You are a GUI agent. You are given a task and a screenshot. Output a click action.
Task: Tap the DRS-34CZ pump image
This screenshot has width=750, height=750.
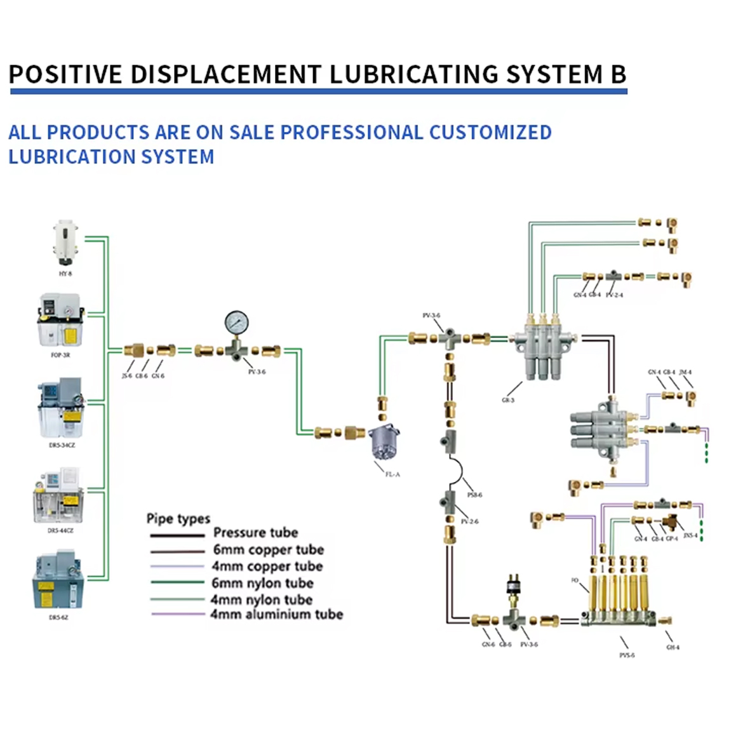point(61,408)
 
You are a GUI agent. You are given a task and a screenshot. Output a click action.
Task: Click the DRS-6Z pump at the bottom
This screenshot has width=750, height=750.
point(58,581)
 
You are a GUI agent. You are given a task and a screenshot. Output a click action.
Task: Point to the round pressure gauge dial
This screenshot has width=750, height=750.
point(236,322)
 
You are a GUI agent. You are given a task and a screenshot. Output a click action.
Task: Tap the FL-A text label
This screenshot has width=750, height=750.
point(392,474)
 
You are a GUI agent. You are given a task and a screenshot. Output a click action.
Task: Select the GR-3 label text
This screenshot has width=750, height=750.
point(508,400)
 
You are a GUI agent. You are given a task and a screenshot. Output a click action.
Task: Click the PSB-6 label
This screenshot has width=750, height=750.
point(474,495)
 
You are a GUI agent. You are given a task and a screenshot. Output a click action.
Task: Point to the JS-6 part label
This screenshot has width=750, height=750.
point(126,376)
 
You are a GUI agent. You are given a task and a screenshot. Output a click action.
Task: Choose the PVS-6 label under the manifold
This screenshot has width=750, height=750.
point(627,655)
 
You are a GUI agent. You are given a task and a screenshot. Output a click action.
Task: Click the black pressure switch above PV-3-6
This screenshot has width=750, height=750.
point(511,587)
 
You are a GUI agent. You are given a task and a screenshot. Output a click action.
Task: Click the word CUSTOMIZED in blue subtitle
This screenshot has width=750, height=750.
point(490,132)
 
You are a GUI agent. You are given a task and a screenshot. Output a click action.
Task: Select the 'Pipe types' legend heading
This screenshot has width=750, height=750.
point(178,519)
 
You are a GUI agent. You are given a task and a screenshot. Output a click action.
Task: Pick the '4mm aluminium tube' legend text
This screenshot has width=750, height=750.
point(277,614)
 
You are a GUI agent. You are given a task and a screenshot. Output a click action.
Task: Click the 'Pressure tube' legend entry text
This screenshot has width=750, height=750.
point(255,532)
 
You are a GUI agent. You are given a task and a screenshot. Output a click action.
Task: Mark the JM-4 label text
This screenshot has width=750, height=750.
point(685,372)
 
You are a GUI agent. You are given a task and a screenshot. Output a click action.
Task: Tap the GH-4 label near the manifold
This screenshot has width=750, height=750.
point(673,647)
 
